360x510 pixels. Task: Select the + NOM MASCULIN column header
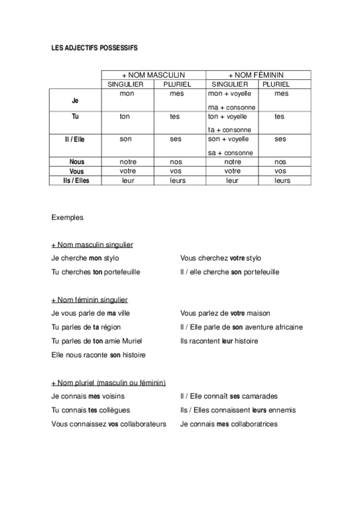[x=153, y=75]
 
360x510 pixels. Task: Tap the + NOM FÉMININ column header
[x=258, y=75]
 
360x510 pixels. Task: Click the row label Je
[x=75, y=101]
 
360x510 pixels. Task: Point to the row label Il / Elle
[x=75, y=139]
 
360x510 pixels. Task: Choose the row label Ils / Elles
[x=75, y=180]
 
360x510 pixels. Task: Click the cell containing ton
[x=125, y=117]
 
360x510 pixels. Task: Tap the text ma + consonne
[x=230, y=107]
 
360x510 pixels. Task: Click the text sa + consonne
[x=230, y=153]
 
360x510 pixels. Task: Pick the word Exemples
[x=67, y=218]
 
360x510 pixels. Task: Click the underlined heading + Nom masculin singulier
[x=92, y=245]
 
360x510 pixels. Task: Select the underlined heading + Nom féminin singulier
[x=90, y=300]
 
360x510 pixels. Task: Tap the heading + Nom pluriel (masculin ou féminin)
[x=109, y=382]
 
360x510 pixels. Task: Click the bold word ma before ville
[x=111, y=313]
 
